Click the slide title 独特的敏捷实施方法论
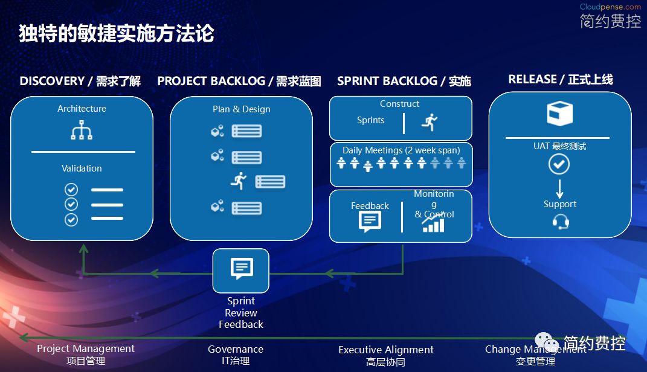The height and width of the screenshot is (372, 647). tap(117, 34)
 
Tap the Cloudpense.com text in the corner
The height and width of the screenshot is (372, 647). tap(610, 7)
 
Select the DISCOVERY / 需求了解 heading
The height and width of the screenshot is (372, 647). tap(80, 81)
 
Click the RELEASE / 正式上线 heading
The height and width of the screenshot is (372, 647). tap(560, 79)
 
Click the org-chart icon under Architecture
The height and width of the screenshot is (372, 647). tap(82, 130)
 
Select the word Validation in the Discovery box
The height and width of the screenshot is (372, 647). tap(82, 168)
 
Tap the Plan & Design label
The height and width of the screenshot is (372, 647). tap(241, 109)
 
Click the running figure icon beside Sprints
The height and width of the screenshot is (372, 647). tap(430, 121)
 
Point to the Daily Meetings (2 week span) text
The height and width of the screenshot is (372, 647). tap(401, 150)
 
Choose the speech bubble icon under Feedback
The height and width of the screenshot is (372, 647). tap(370, 222)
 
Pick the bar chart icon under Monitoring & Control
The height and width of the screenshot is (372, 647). tap(433, 224)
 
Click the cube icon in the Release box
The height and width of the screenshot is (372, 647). tap(559, 114)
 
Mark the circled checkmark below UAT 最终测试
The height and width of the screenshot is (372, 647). tap(559, 164)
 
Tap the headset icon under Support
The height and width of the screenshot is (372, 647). tap(560, 222)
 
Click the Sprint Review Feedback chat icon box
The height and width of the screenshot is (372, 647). tap(241, 270)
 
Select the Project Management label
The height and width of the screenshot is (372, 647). tap(86, 348)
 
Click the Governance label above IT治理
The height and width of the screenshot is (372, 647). tap(236, 349)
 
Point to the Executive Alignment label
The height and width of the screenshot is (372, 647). tap(386, 350)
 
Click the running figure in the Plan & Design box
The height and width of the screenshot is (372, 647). tap(240, 180)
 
